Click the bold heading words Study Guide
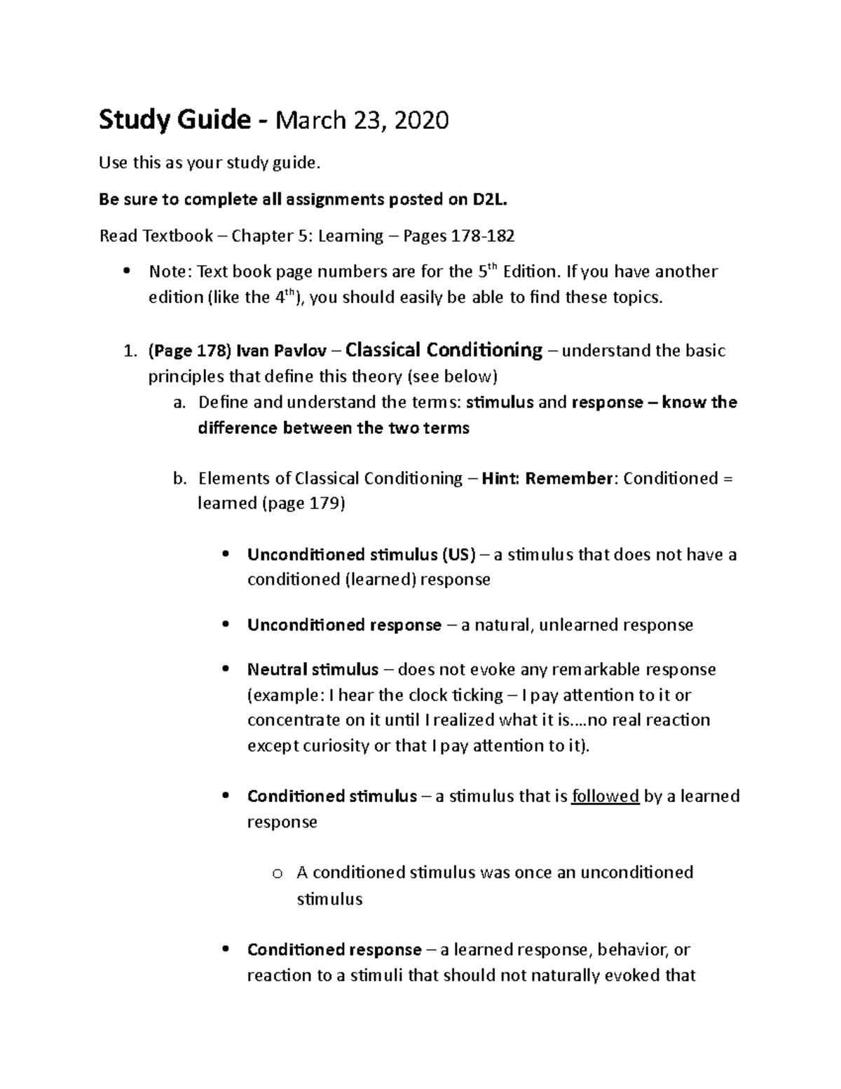174,121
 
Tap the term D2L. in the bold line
488,200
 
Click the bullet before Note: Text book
127,271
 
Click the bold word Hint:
501,479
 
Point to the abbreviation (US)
458,555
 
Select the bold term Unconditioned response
344,625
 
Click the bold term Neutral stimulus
313,670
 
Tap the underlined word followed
606,797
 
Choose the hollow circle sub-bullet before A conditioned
278,874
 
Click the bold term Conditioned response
334,950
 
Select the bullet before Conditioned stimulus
226,797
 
